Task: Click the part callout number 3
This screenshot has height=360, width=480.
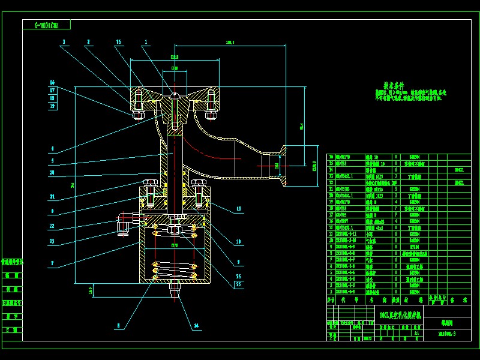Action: (63, 41)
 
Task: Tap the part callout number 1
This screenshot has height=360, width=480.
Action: (145, 41)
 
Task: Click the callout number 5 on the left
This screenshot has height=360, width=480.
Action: (52, 161)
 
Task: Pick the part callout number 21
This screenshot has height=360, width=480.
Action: (52, 196)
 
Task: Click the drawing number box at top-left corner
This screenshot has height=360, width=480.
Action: (46, 25)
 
